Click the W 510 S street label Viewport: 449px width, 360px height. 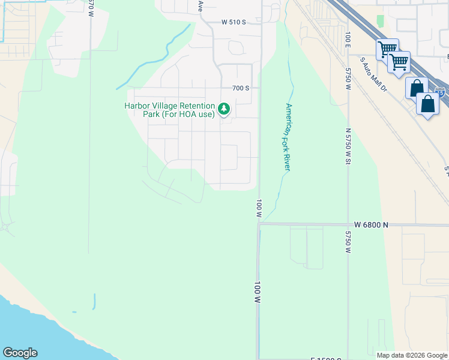click(x=234, y=22)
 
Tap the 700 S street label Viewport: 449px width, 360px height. click(x=241, y=88)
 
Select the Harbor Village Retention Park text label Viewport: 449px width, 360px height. click(x=169, y=110)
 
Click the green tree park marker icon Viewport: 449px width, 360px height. click(x=224, y=109)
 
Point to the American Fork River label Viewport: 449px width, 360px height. click(x=288, y=137)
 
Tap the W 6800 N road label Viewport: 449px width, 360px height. click(x=371, y=225)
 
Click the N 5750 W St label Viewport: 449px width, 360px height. click(x=348, y=150)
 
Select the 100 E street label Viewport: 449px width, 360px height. click(x=348, y=37)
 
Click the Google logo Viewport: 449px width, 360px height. click(x=20, y=353)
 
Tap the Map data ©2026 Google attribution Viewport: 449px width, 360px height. click(x=412, y=355)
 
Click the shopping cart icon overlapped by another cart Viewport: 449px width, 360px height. click(x=387, y=49)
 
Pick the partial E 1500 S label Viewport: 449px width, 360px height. click(x=325, y=358)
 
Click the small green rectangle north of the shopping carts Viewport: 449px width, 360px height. click(x=380, y=21)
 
